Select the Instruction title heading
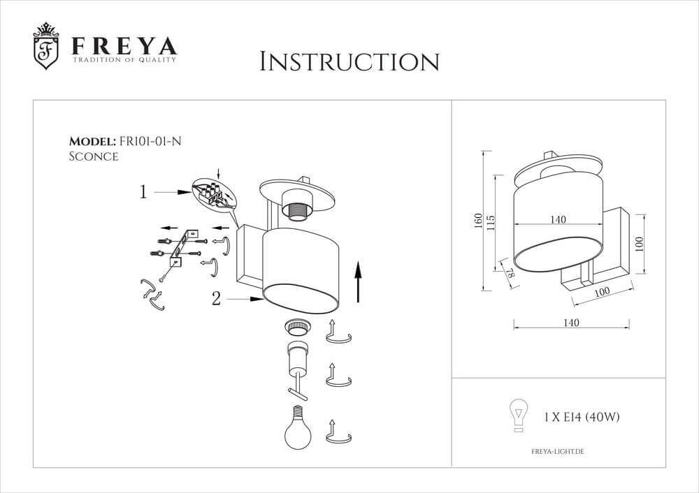[349, 61]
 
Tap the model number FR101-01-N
[150, 140]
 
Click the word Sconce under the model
[93, 156]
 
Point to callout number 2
[216, 299]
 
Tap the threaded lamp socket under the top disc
[298, 209]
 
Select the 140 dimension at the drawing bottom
[571, 323]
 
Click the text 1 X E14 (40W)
[582, 418]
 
